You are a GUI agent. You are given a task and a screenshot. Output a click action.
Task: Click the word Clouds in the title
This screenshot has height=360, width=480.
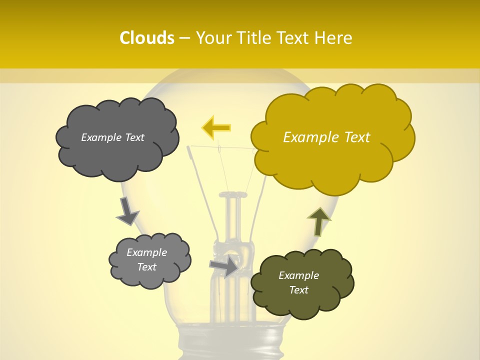146,38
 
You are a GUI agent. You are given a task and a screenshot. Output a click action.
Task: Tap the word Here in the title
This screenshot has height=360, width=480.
333,38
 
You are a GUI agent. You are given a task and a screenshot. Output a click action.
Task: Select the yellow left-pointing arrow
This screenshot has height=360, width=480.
216,128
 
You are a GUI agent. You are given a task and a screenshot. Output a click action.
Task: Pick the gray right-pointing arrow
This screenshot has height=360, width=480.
224,266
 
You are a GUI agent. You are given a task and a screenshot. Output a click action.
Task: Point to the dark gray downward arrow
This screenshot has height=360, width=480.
127,211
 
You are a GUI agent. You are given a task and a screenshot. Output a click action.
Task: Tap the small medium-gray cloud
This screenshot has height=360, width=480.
149,260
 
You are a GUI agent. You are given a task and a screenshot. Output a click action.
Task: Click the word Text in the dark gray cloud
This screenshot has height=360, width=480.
134,137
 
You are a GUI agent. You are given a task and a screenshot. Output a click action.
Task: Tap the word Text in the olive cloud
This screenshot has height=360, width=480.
298,290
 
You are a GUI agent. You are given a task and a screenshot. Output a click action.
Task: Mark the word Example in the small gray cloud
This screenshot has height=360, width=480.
147,252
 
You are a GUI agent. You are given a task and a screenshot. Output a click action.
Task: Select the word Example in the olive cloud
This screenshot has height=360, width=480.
298,275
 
